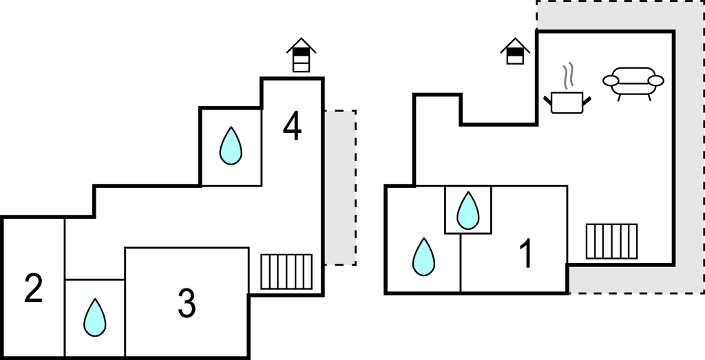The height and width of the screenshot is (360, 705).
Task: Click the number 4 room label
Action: (293, 127)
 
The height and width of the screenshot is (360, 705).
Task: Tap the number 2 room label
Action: (34, 288)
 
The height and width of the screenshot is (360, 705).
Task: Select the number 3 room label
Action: (187, 304)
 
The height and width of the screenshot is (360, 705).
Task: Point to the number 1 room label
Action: (525, 254)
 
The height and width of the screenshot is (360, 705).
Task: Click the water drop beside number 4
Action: (231, 146)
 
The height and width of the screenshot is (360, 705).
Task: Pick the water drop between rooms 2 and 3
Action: (95, 317)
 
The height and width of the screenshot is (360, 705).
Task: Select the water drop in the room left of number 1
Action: (423, 257)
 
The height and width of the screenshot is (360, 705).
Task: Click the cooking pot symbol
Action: (568, 102)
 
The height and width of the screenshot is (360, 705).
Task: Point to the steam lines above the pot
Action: (567, 76)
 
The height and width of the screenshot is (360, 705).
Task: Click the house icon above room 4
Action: (301, 55)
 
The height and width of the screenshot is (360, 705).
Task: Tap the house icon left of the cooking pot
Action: (515, 51)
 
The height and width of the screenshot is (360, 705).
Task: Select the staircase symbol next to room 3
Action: (286, 271)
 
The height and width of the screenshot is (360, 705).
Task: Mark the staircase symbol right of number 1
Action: (611, 241)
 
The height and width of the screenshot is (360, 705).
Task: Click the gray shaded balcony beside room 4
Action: (340, 187)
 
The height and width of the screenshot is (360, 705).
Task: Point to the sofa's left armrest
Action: (611, 81)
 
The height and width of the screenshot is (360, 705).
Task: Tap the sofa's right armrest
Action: (656, 81)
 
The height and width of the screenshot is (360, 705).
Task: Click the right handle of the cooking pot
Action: (587, 100)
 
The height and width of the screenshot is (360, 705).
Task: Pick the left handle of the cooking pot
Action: (549, 100)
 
